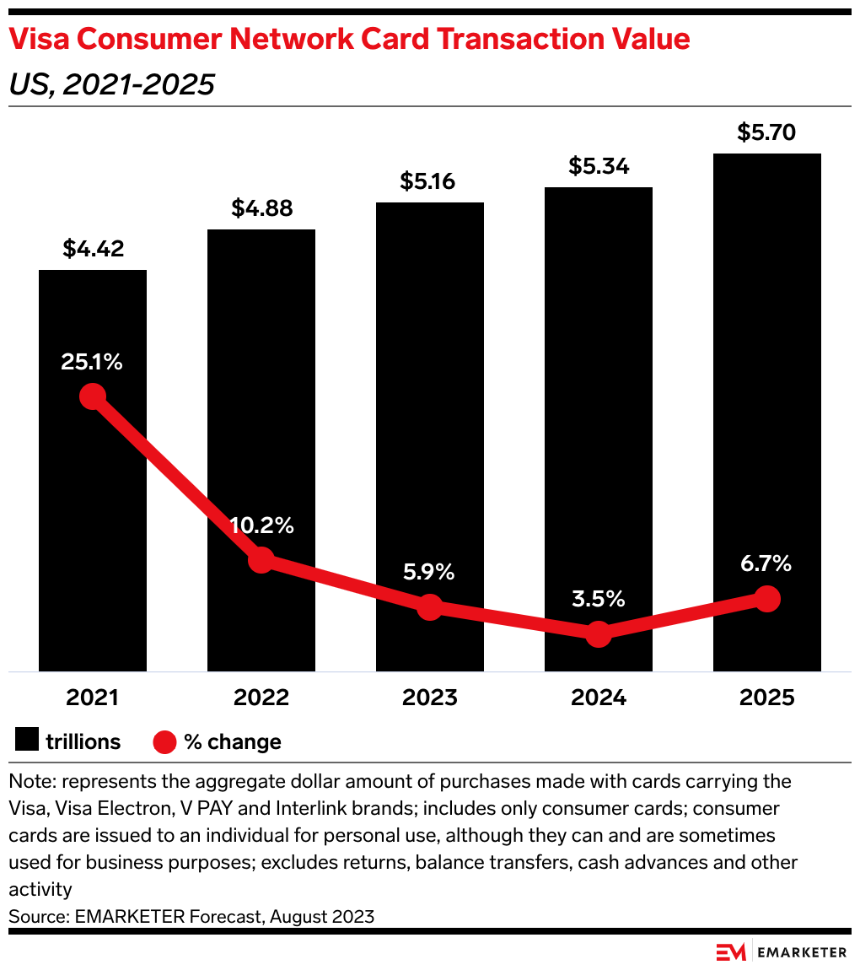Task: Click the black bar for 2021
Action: tap(93, 506)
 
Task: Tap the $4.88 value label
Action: tap(261, 208)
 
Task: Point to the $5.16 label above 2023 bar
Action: tap(430, 181)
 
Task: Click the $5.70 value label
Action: tap(766, 132)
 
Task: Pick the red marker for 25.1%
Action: tap(93, 396)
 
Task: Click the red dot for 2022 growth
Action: tap(261, 559)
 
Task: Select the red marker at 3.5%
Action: tap(599, 633)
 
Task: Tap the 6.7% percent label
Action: tap(766, 563)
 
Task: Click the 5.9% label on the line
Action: tap(429, 571)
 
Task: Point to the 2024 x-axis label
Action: tap(599, 698)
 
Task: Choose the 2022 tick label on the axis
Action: tap(261, 698)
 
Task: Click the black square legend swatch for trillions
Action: tap(28, 741)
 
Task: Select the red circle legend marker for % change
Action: tap(164, 741)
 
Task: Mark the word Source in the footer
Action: tap(37, 916)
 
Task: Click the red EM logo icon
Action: tap(731, 951)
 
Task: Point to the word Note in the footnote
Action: tap(30, 781)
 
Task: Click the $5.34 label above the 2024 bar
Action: tap(599, 166)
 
